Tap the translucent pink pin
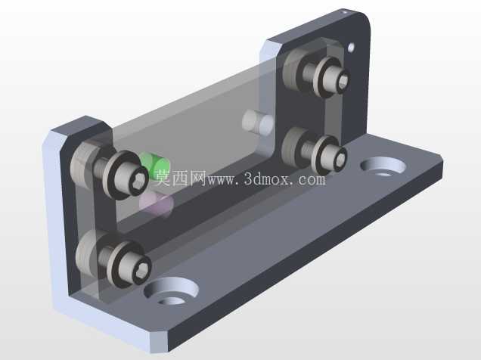[x=156, y=204]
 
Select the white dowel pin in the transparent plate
[x=257, y=123]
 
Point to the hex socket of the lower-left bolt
[x=144, y=269]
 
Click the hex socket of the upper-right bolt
[x=343, y=81]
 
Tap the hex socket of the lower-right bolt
[x=341, y=159]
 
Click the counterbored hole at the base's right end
[x=383, y=167]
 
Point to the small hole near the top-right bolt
[x=351, y=48]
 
